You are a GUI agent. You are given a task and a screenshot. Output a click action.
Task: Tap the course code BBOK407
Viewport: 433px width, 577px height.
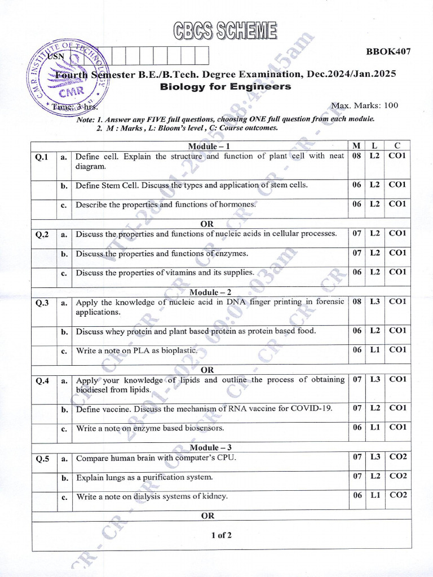[388, 52]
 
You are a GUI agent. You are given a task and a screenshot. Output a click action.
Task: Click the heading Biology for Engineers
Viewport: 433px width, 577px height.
[226, 87]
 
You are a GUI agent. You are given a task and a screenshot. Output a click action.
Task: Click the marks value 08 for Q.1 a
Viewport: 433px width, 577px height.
[356, 156]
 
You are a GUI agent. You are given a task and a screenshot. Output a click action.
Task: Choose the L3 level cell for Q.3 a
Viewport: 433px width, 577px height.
[374, 301]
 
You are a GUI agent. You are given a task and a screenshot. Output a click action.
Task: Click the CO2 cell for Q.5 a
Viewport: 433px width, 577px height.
[397, 457]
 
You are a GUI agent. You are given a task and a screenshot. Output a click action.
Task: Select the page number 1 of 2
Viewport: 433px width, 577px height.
[221, 535]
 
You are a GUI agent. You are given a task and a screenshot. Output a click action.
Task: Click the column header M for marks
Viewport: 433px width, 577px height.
[356, 146]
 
